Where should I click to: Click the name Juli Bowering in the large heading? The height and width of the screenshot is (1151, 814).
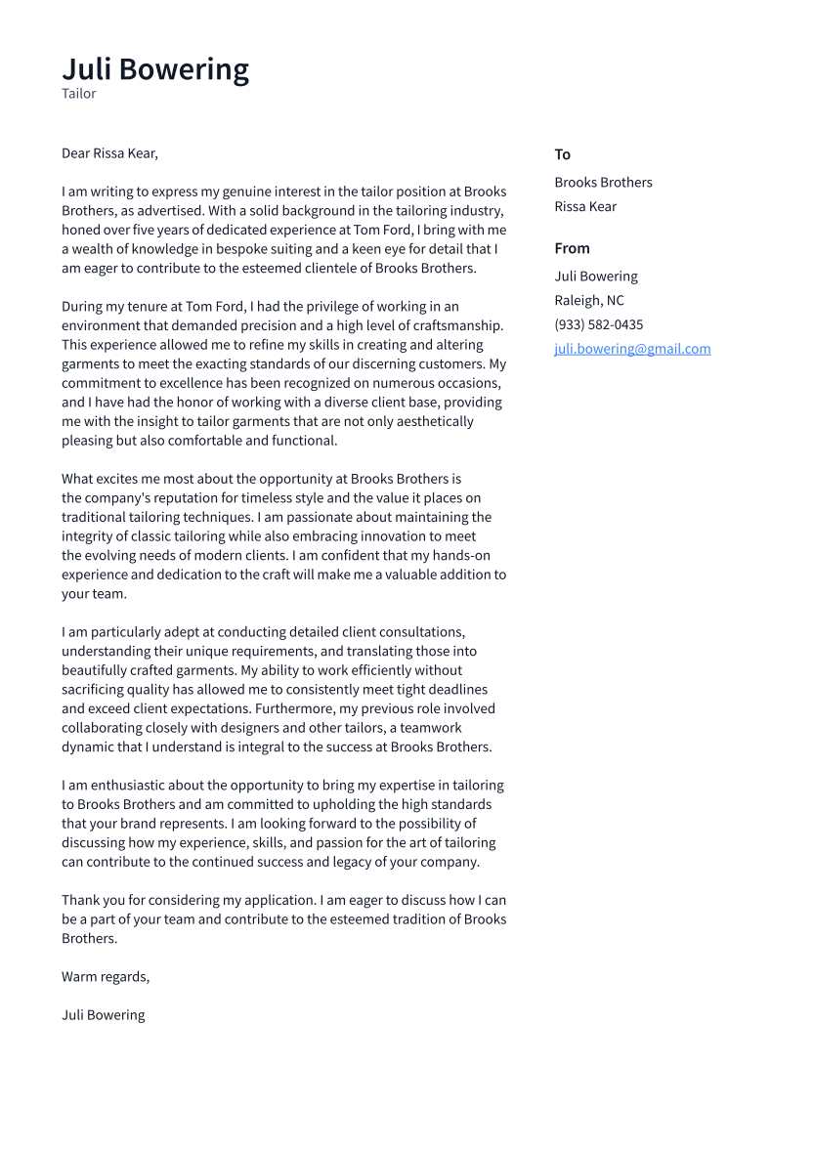[155, 69]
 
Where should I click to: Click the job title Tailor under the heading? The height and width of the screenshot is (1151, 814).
[79, 94]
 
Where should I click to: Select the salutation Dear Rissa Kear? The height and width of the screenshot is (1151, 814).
[109, 153]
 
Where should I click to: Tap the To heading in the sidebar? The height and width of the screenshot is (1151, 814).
[562, 154]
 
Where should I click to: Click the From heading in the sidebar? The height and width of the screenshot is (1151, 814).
[572, 248]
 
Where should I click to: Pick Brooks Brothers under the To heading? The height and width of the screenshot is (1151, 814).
[603, 183]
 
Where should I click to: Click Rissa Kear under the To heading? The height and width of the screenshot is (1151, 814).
[585, 206]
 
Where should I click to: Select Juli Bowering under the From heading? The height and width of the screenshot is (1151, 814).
[596, 277]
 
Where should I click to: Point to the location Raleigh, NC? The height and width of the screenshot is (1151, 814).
[589, 301]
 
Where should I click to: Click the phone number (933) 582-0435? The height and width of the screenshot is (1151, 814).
[598, 324]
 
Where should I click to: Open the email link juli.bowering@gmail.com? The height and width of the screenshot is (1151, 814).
[632, 349]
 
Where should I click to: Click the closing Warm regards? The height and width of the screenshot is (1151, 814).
[106, 976]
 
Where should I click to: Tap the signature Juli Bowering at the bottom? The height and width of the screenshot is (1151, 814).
[103, 1015]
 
